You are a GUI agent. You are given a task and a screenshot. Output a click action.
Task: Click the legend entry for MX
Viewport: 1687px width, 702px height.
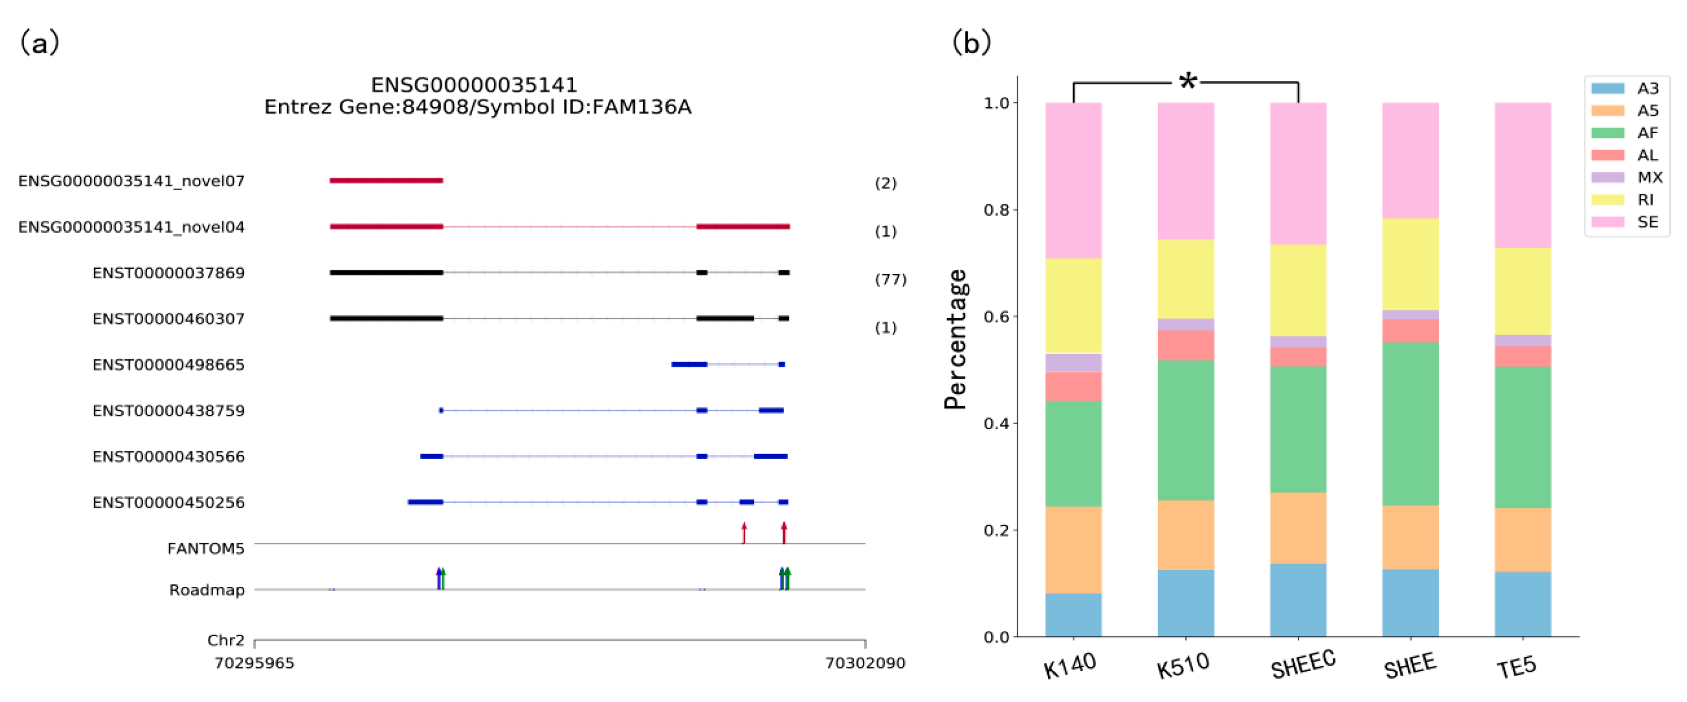pos(1649,178)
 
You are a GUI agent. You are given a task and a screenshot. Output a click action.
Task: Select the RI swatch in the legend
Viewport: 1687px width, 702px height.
pos(1607,200)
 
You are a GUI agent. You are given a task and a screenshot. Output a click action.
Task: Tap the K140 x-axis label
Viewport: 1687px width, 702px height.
pos(1069,666)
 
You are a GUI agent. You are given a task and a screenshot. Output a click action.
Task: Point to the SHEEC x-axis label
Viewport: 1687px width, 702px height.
pos(1302,665)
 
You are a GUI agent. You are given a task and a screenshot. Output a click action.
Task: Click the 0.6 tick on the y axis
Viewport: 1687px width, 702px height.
pos(996,317)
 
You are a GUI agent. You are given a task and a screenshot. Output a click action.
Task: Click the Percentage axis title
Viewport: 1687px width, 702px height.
pos(955,339)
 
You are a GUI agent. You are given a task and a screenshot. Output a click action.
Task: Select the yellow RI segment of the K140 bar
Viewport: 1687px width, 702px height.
pos(1073,306)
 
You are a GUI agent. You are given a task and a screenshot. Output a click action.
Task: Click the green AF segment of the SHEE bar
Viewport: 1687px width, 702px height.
pos(1410,423)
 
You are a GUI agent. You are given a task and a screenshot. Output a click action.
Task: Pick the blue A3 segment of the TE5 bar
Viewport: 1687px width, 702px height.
pos(1522,604)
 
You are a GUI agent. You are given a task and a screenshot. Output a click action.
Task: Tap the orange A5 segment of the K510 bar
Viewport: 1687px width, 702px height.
pos(1186,535)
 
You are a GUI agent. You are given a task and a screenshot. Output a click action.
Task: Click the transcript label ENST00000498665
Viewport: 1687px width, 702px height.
pos(168,364)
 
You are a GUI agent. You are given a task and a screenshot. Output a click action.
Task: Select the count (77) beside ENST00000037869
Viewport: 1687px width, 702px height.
pos(890,280)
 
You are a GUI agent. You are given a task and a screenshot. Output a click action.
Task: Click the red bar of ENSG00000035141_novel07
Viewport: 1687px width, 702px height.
pos(386,181)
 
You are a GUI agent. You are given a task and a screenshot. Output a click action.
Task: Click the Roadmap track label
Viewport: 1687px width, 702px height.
pos(207,590)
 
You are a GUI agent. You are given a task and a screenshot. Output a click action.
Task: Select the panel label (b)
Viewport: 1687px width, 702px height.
pos(971,43)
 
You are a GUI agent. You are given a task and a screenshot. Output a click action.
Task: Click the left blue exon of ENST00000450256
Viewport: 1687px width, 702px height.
pos(425,502)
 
